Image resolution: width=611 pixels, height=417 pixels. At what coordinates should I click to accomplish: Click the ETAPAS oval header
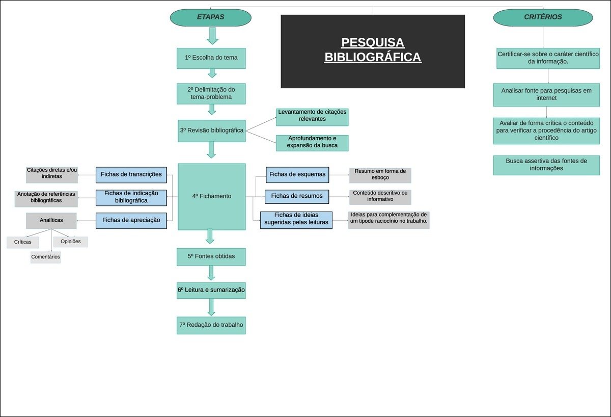pos(210,17)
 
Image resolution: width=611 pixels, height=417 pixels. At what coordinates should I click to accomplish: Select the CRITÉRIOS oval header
pos(543,17)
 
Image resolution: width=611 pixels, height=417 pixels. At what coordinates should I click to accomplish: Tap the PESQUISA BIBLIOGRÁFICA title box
pos(373,51)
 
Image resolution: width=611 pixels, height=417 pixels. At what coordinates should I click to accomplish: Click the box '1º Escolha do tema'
pos(211,58)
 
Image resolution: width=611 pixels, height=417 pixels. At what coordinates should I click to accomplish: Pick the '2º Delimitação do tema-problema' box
pos(211,93)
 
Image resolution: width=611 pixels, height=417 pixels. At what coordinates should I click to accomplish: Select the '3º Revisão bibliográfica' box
pos(211,131)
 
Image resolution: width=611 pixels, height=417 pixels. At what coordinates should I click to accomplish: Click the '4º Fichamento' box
pos(211,196)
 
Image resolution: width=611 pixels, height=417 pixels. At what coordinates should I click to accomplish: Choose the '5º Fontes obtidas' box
pos(211,256)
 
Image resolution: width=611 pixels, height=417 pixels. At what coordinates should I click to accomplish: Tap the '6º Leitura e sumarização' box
pos(211,290)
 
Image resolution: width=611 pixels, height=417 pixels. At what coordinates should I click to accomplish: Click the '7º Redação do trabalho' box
pos(211,325)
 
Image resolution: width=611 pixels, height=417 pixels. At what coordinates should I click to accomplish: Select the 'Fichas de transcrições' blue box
pos(131,175)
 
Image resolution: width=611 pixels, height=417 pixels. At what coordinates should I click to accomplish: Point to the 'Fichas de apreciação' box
pos(131,220)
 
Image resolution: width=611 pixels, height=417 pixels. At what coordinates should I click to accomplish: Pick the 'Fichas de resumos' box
pos(297,196)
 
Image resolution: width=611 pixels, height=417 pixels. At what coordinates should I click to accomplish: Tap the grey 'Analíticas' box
pos(51,220)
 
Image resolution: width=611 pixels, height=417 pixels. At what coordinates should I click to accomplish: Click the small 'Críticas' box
pos(23,242)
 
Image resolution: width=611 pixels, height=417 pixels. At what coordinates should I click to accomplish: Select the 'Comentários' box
pos(45,257)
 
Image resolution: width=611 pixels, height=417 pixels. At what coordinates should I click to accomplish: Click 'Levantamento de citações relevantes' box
pos(312,116)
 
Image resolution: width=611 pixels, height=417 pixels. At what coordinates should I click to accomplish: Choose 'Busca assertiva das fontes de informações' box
pos(546,165)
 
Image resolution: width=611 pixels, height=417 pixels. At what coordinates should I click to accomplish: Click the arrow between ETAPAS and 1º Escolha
pos(213,36)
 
